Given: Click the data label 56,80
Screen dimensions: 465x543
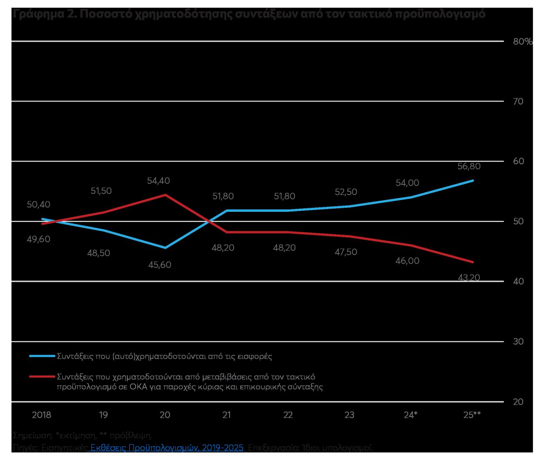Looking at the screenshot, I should pos(469,166).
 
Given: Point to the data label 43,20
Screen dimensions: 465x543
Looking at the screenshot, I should pos(469,278).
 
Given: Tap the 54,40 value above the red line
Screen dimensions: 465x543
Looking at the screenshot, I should pos(158,181).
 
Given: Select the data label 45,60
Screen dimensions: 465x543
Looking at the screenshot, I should pos(160,265).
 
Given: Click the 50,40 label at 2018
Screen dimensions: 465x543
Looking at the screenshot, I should pos(39,205).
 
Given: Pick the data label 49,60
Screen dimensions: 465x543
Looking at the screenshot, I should pos(39,239).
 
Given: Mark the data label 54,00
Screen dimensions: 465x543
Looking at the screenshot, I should pos(407,183).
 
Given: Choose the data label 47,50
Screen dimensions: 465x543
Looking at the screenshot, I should pos(346,252).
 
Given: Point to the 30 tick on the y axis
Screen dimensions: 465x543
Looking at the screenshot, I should pos(518,342).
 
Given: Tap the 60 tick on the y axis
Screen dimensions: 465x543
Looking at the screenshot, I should pos(518,161).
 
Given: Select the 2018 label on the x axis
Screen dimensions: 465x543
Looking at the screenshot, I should pos(41,415).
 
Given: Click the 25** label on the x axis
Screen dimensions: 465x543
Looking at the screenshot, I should pos(472,415).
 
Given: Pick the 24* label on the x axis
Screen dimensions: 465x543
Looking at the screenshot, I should pos(411,415).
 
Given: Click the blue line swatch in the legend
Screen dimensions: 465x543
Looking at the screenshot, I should pos(42,356).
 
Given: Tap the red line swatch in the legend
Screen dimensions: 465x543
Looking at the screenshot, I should pos(42,377).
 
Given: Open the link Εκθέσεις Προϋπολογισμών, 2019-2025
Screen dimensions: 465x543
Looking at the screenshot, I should pos(167,447).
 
